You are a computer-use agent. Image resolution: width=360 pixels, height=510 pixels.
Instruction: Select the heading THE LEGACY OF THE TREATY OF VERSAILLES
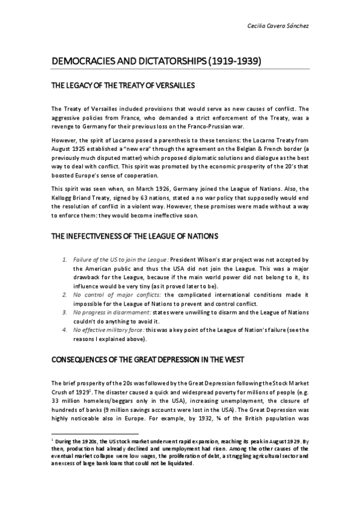123,86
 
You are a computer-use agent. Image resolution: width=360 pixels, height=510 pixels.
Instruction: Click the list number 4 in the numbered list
66,330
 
